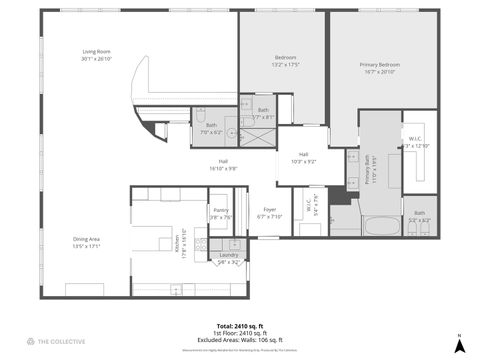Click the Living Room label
[96, 54]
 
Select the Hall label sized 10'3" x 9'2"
[303, 157]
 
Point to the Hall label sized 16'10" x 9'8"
[224, 165]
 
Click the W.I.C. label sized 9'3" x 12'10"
[418, 142]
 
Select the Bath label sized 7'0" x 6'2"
[211, 128]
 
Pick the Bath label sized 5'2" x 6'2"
[420, 215]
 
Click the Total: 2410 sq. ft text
[240, 327]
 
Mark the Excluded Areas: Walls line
[240, 341]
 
